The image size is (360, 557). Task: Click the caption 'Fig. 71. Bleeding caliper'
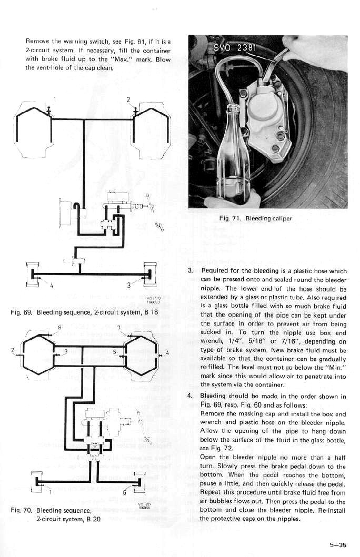tap(255, 218)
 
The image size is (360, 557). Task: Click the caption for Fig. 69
tap(84, 312)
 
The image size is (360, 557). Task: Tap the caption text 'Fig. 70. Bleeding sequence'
tap(51, 510)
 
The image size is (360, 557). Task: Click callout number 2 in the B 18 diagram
tap(128, 99)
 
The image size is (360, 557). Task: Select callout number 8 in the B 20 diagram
tap(59, 327)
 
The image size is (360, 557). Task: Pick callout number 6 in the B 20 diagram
tap(124, 493)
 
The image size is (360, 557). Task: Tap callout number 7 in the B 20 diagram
tap(119, 327)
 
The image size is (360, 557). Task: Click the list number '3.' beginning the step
tap(191, 271)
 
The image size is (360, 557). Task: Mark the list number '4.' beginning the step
tap(191, 396)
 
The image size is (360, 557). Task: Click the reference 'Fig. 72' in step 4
tap(215, 448)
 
